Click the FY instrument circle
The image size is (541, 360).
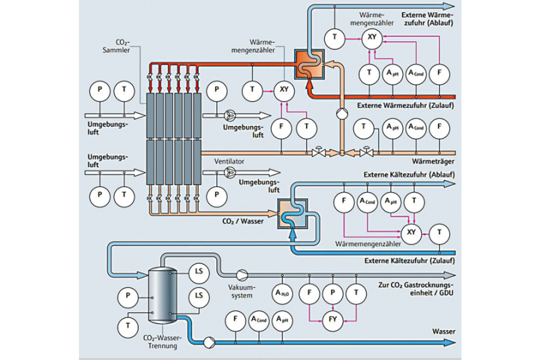(x=332, y=319)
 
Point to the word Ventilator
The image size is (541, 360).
(x=229, y=162)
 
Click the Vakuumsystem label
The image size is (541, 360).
(x=242, y=291)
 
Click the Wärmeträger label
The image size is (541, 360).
(x=434, y=151)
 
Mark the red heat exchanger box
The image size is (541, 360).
(x=310, y=64)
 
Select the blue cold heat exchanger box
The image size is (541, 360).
(x=291, y=212)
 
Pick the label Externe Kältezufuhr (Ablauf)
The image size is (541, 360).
(x=409, y=174)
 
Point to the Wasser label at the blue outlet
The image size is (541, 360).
(x=443, y=331)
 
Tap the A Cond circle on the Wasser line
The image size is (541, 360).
(x=258, y=320)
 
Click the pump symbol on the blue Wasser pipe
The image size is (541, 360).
(x=209, y=342)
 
